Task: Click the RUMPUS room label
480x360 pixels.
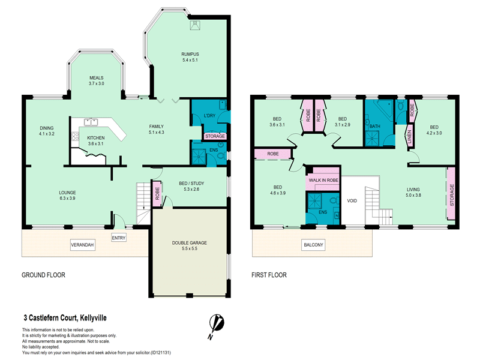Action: pyautogui.click(x=190, y=54)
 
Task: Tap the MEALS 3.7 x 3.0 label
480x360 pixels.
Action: pyautogui.click(x=97, y=80)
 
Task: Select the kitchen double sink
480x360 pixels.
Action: pyautogui.click(x=91, y=122)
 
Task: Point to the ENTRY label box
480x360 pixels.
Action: pyautogui.click(x=119, y=238)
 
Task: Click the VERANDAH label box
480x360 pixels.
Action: pyautogui.click(x=82, y=245)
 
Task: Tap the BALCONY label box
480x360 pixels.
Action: pyautogui.click(x=313, y=245)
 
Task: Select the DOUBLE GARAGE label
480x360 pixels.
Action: pyautogui.click(x=190, y=243)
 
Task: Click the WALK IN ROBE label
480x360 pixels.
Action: pyautogui.click(x=323, y=181)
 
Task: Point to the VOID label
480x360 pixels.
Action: pyautogui.click(x=352, y=201)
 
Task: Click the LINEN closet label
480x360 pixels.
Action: pyautogui.click(x=409, y=136)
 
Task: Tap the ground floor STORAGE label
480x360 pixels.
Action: pyautogui.click(x=215, y=136)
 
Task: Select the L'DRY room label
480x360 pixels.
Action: pyautogui.click(x=209, y=116)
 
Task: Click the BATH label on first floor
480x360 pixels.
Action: pyautogui.click(x=374, y=126)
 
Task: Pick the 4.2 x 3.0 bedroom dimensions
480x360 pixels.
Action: pyautogui.click(x=434, y=133)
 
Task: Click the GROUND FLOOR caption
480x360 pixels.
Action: pyautogui.click(x=43, y=275)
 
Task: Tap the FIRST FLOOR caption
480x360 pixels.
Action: pyautogui.click(x=269, y=275)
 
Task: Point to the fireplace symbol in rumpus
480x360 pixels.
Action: pyautogui.click(x=194, y=25)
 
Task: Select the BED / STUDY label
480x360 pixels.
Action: pyautogui.click(x=191, y=184)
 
